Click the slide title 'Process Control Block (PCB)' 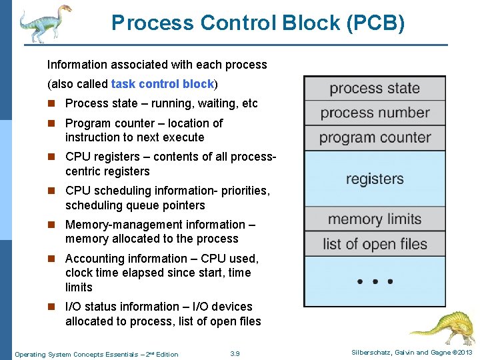(x=258, y=23)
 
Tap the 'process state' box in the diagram (x=375, y=88)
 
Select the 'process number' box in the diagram (x=375, y=113)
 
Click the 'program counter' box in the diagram (x=375, y=138)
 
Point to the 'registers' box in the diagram (x=375, y=179)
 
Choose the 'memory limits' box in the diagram (x=375, y=219)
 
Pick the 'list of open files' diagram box (x=375, y=244)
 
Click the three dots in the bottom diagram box (x=375, y=281)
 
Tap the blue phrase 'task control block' (x=163, y=84)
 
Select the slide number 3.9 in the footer (x=234, y=353)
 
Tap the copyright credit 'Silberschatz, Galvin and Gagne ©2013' (x=412, y=353)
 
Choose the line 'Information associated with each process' (x=157, y=65)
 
